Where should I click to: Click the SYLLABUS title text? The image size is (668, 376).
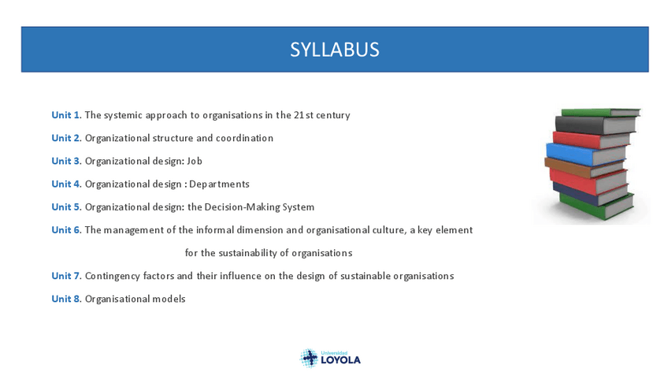335,50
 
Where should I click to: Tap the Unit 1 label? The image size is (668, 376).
65,115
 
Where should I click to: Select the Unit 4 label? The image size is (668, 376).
65,184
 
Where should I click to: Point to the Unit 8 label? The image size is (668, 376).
65,299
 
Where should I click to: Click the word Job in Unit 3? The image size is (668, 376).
195,161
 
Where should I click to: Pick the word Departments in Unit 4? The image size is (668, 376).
220,184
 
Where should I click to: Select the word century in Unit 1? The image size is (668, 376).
332,116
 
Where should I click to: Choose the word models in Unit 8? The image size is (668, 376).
169,299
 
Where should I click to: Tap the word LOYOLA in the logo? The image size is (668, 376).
341,360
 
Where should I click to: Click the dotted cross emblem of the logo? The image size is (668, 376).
310,358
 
